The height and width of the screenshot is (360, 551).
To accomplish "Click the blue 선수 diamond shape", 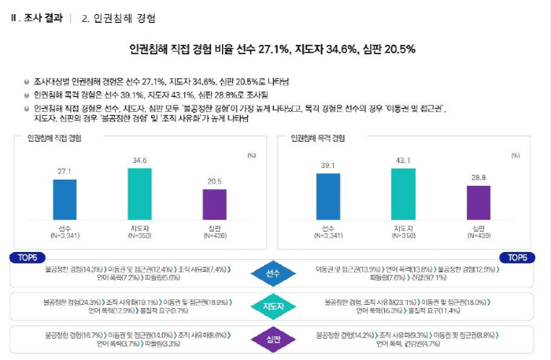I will pos(272,273).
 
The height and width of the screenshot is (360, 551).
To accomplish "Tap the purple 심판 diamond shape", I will pos(272,340).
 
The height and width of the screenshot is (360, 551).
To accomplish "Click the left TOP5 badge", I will pos(26,258).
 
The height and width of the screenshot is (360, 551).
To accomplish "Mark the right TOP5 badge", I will pos(518,258).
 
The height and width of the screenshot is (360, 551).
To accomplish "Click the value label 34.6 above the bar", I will pos(139,160).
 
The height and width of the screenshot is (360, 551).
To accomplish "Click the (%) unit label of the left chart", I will pos(251,155).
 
